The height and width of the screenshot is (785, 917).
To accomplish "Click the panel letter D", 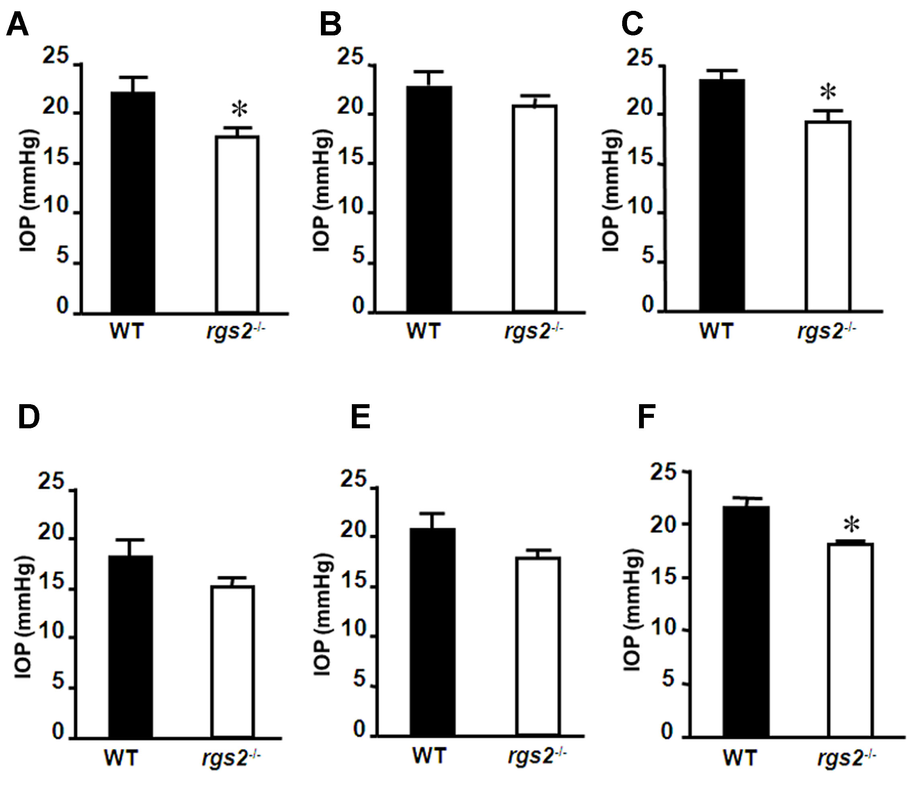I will point(29,418).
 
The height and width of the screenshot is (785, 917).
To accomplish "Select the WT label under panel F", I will point(740,758).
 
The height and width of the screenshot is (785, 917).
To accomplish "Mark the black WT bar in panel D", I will point(131,647).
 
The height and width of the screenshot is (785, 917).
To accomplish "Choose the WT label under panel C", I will point(717,331).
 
